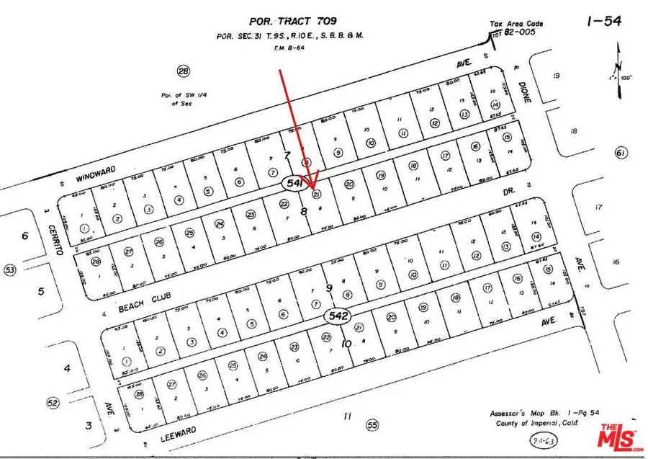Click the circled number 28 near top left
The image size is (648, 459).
tap(184, 71)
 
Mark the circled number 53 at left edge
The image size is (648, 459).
tap(10, 269)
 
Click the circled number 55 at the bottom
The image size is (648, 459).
tap(372, 425)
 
